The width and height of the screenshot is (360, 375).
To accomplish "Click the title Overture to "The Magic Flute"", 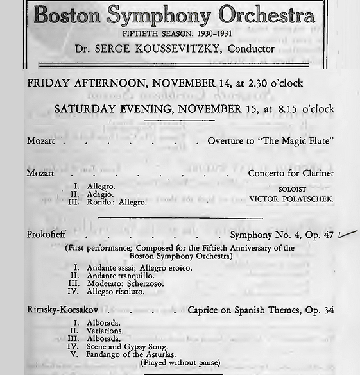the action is tap(270, 141).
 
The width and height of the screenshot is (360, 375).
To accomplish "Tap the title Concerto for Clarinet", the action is tap(291, 173).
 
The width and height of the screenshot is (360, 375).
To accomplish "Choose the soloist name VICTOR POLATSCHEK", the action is tap(291, 199).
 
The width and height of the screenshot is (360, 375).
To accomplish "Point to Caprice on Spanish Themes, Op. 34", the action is tap(261, 310).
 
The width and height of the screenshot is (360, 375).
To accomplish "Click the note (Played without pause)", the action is tap(180, 363).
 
